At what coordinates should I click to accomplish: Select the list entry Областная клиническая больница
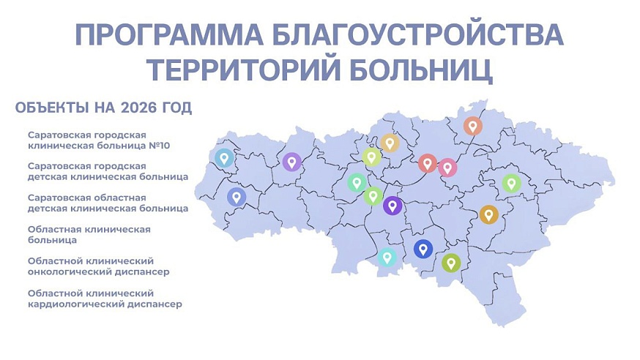89,234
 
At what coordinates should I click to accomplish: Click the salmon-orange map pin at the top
473,126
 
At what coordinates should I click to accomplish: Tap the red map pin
428,162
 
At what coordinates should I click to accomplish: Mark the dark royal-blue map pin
423,249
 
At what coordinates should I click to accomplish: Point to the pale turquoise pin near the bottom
387,257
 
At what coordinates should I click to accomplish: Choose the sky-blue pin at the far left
223,157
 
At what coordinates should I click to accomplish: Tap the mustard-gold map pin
488,214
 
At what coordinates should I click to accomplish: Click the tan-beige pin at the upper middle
390,143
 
